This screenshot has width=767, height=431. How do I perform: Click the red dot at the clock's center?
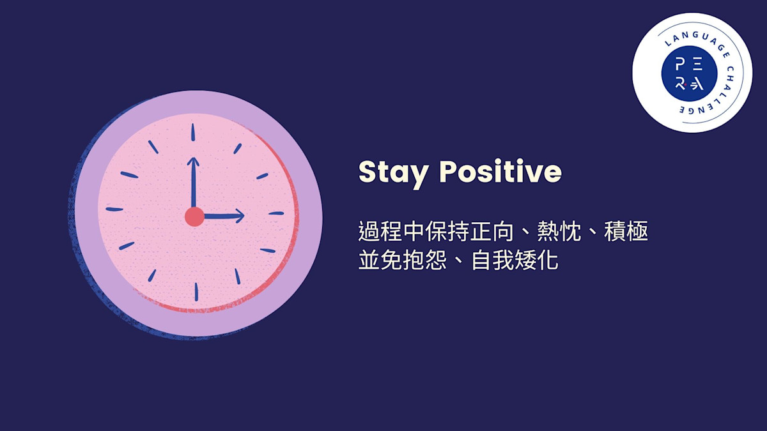point(194,216)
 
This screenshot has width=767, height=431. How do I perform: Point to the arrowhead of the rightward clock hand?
point(240,216)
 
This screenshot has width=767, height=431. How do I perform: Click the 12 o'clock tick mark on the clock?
point(192,133)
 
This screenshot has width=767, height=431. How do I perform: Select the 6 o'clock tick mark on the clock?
point(196,292)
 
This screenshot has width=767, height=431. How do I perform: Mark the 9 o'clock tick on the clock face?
point(114,209)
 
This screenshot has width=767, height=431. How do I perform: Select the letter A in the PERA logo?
point(697,84)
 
